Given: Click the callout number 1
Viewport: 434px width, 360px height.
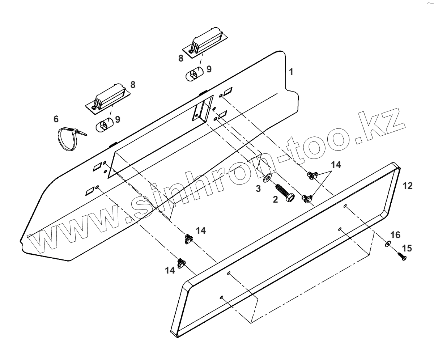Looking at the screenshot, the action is (x=291, y=71).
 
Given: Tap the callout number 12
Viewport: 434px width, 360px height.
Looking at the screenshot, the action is (x=407, y=186).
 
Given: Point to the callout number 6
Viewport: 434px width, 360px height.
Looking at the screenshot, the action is (x=56, y=119).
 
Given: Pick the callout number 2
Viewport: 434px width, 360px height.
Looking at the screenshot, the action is (x=276, y=199).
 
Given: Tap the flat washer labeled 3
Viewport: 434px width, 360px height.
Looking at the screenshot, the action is (x=268, y=178).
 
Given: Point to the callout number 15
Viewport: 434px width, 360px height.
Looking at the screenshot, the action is (x=407, y=248).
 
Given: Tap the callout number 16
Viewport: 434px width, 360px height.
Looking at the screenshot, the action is (x=395, y=235).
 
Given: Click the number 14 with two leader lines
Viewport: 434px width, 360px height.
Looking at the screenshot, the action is (x=336, y=165).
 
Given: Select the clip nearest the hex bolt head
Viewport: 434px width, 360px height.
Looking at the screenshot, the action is (x=307, y=198).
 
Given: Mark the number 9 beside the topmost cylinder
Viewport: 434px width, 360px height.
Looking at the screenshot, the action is (x=209, y=68).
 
